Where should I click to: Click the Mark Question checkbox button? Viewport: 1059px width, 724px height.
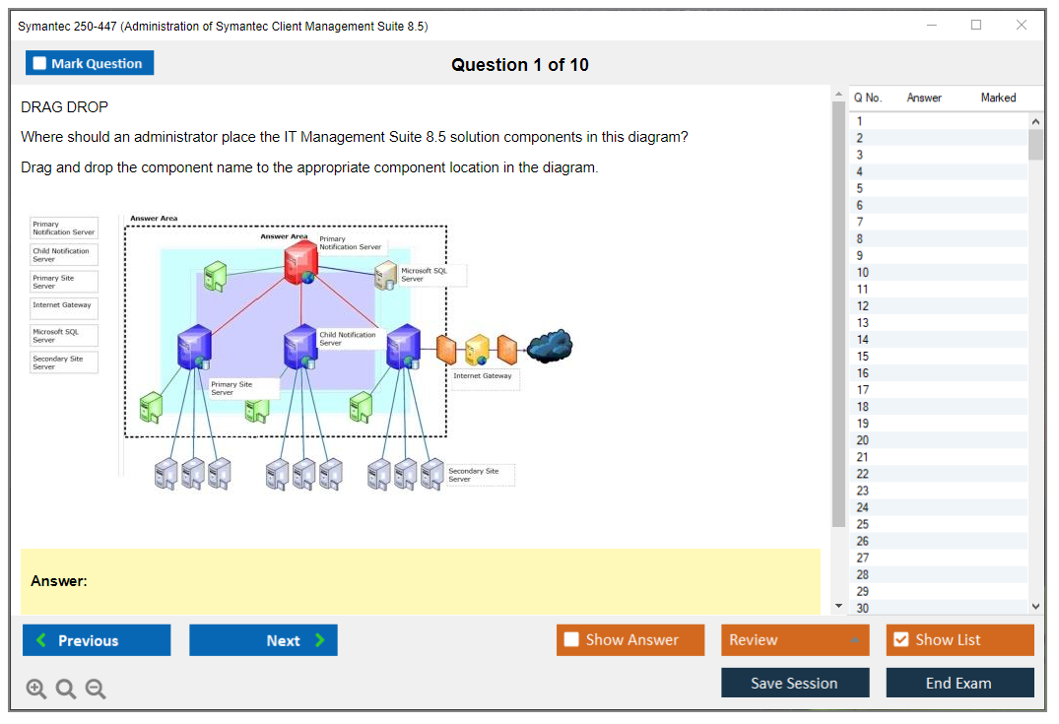pos(90,63)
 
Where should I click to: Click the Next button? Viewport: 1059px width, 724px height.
pos(263,640)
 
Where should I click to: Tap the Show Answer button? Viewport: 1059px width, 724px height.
pos(630,640)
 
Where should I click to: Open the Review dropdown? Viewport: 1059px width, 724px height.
pos(795,640)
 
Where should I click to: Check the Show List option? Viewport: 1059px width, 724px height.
pos(960,640)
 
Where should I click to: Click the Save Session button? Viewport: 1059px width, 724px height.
pos(795,683)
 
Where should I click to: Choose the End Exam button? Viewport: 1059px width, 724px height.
pos(960,683)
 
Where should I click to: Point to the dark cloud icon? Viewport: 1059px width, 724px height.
pos(550,345)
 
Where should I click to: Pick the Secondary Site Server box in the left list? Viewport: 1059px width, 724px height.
pos(64,362)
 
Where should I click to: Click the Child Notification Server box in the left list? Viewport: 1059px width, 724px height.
pos(64,254)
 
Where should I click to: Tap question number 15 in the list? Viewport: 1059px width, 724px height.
pos(863,357)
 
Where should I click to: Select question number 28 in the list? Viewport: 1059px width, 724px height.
pos(863,574)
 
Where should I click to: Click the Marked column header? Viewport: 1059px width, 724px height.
pos(998,98)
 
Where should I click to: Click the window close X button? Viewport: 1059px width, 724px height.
pos(1022,26)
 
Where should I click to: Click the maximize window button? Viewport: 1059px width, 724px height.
pos(976,26)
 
